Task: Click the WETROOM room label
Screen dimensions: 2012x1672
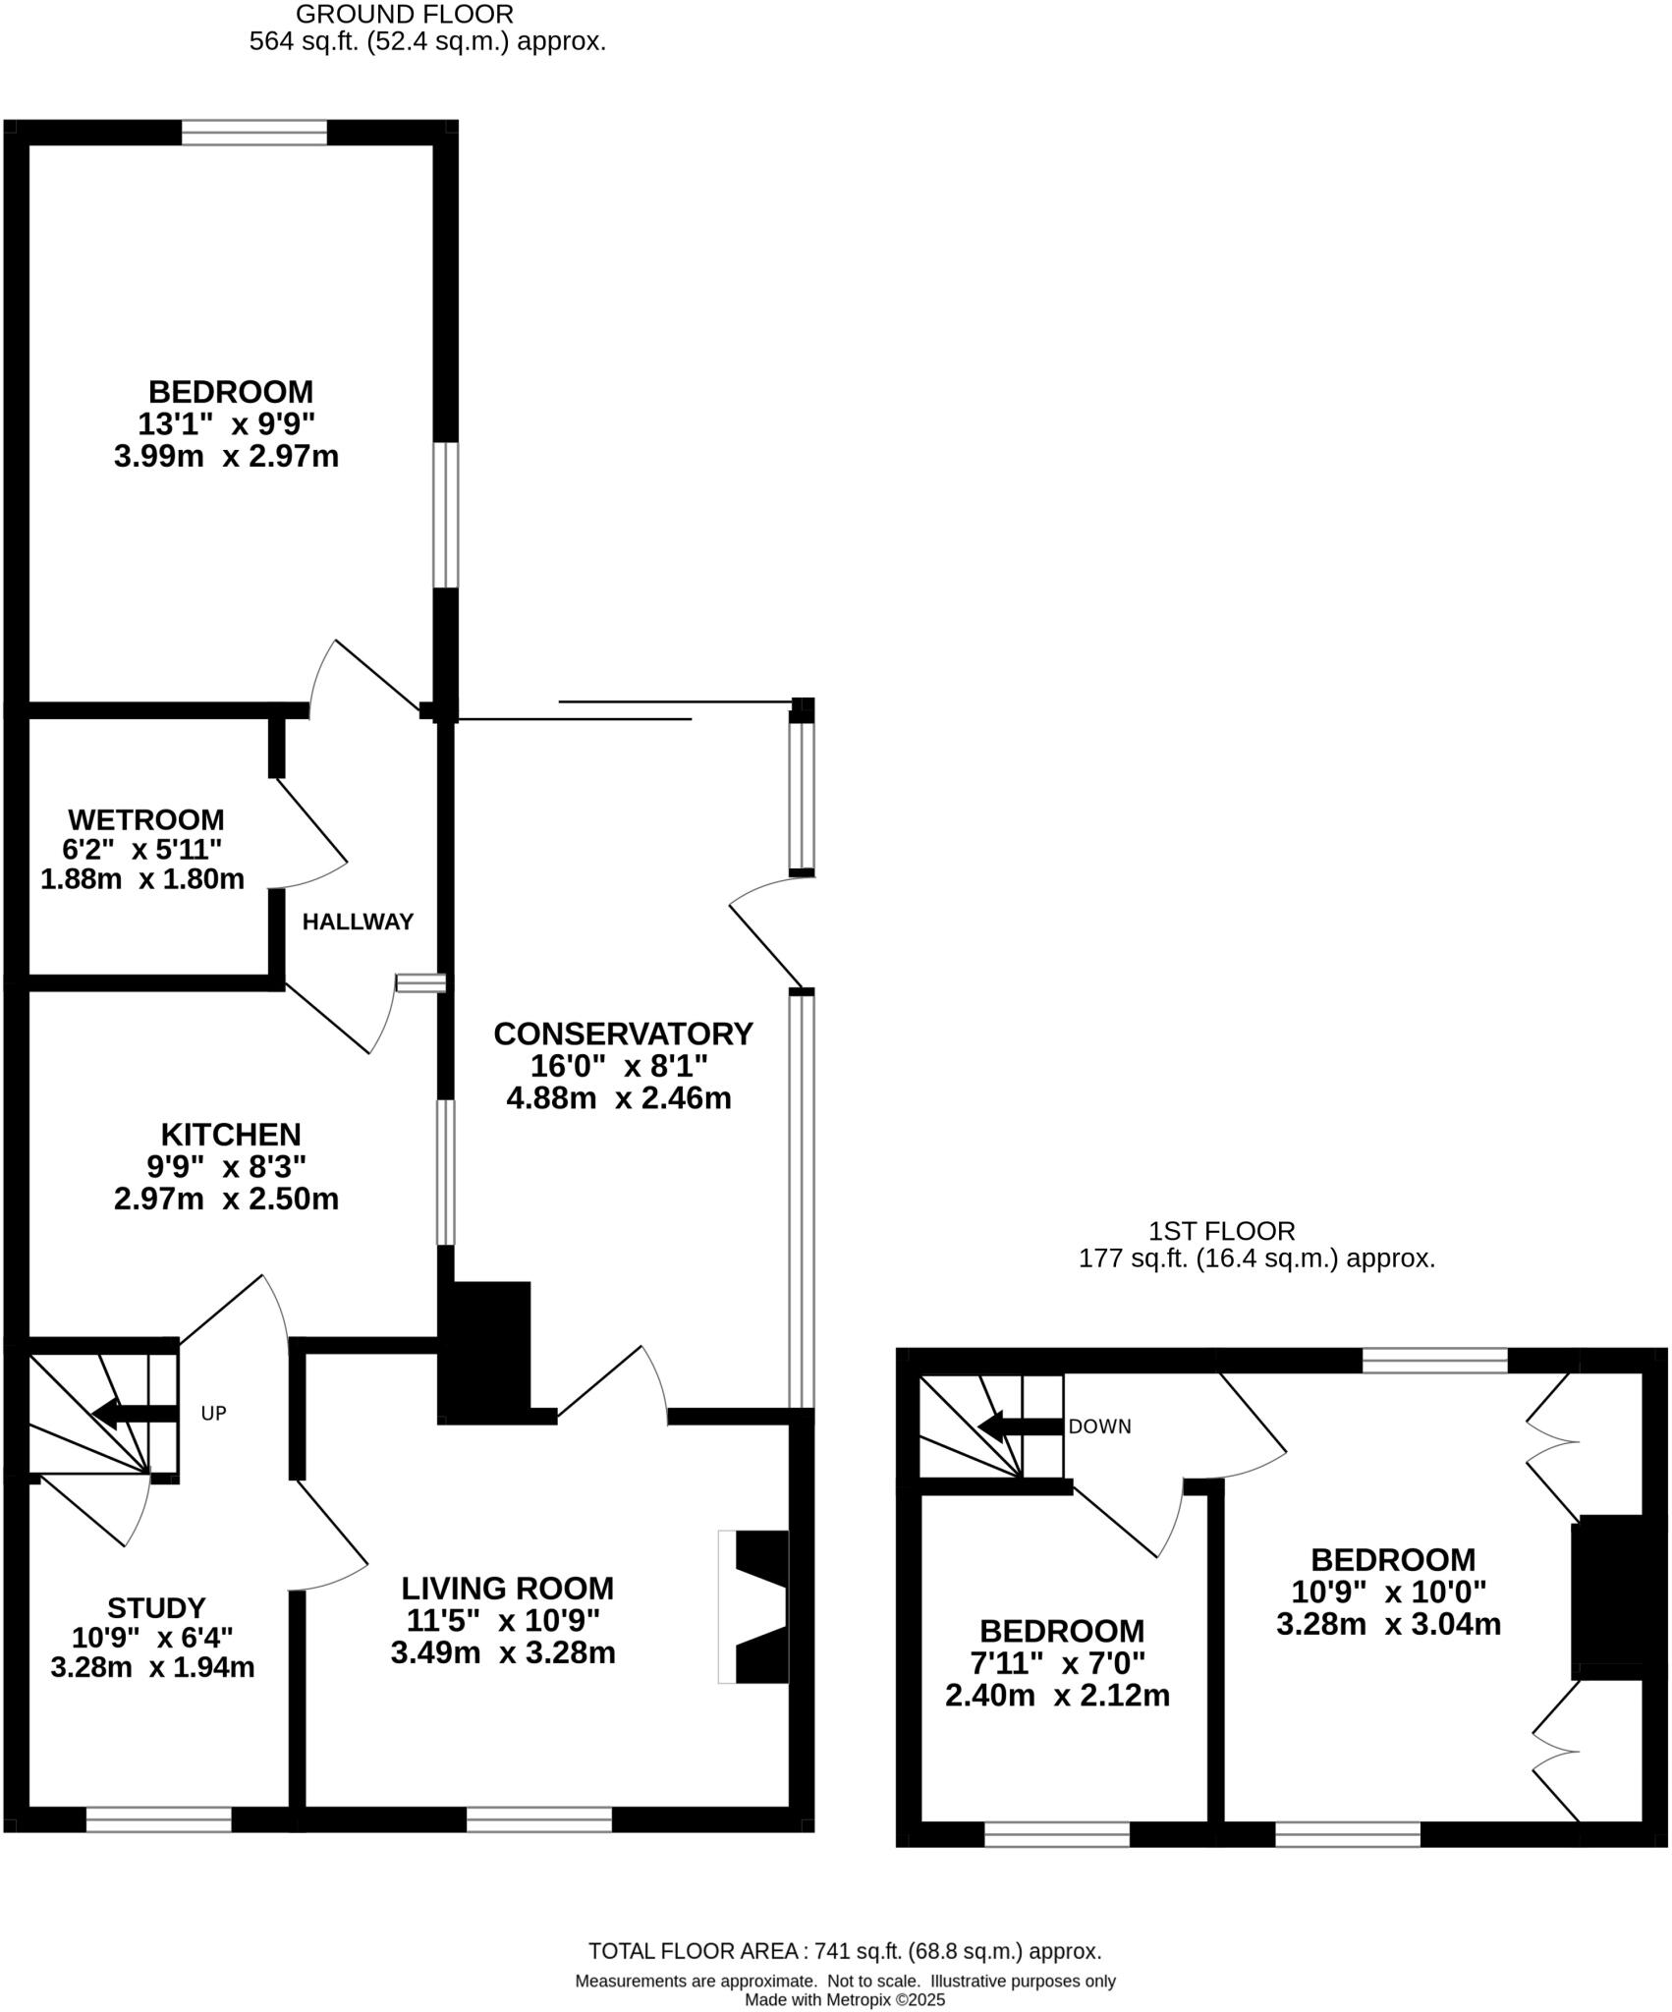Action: point(145,819)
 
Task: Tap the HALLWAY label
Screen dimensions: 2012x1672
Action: point(358,922)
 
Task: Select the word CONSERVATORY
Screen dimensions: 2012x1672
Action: point(623,1034)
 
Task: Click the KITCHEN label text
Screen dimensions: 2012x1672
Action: point(231,1135)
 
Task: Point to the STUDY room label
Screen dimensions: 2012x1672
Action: point(156,1608)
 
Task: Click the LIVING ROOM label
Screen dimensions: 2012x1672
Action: point(507,1589)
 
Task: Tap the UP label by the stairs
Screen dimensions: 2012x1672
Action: point(213,1414)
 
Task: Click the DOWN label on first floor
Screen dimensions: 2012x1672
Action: point(1099,1426)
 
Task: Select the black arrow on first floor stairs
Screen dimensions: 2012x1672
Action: point(1022,1426)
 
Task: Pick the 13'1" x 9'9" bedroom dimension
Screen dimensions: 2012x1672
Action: point(227,424)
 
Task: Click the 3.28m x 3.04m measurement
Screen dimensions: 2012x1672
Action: point(1388,1625)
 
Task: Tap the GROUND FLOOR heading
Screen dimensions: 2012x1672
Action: point(404,15)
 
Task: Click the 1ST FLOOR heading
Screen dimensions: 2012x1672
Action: point(1221,1231)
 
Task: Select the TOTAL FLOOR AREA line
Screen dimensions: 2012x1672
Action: point(845,1951)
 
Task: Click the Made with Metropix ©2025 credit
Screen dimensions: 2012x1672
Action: point(845,1999)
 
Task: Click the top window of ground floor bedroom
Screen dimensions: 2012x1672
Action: point(254,133)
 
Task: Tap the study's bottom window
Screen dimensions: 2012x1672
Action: point(159,1819)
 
